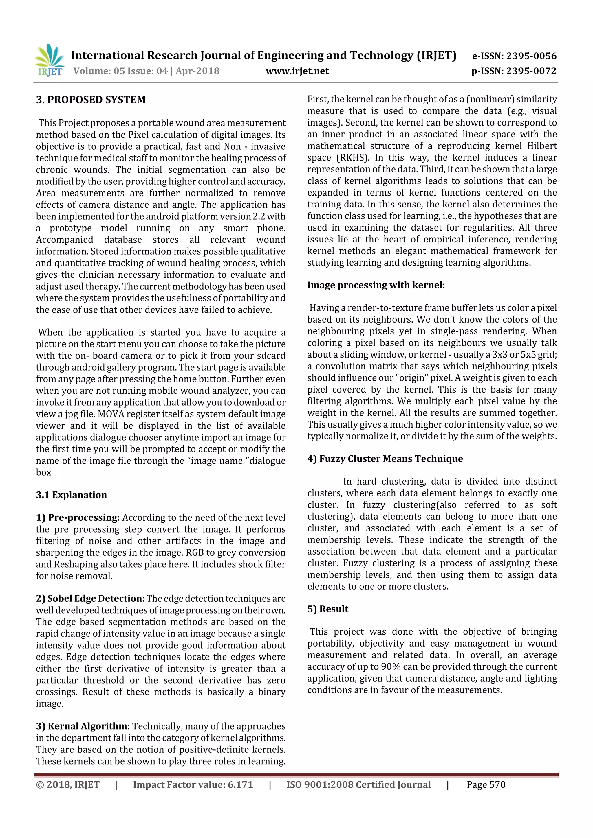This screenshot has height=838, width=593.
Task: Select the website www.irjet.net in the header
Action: coord(297,71)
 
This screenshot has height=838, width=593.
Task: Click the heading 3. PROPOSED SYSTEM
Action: coord(91,100)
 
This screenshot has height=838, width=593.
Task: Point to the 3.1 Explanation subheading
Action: coord(71,495)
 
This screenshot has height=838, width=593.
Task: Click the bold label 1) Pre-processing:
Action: coord(78,517)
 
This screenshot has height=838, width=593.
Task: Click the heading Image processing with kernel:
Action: coord(376,285)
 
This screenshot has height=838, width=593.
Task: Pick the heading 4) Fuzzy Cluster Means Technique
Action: coord(385,459)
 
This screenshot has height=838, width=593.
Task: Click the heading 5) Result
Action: coord(327,609)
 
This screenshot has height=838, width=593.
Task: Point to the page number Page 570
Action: coord(486,785)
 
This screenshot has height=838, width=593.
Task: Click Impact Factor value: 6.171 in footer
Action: coord(193,785)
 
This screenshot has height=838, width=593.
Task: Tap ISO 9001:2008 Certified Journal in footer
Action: coord(358,785)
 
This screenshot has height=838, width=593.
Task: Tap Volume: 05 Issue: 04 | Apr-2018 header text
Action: coord(146,71)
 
